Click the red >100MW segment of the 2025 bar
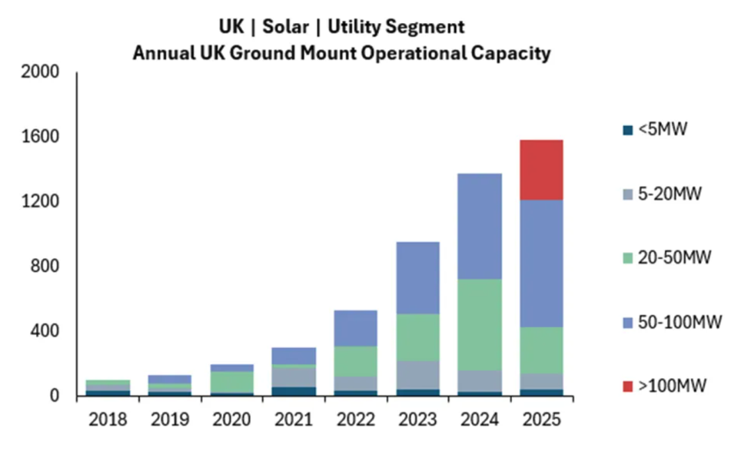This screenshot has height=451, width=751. pyautogui.click(x=540, y=170)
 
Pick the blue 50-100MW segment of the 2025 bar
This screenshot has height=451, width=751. pyautogui.click(x=540, y=263)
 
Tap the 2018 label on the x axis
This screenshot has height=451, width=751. pyautogui.click(x=108, y=420)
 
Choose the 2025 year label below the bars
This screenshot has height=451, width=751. pyautogui.click(x=540, y=420)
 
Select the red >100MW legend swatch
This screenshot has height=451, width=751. pyautogui.click(x=628, y=387)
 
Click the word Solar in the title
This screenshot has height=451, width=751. pyautogui.click(x=286, y=27)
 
